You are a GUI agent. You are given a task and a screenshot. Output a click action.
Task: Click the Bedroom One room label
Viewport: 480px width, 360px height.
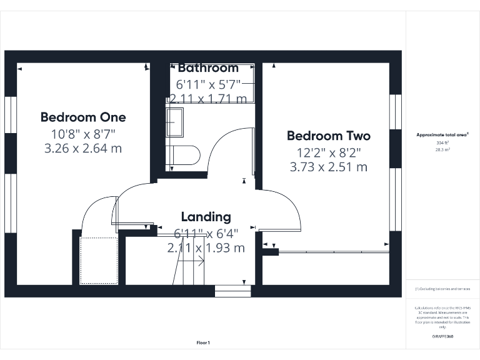(x=83, y=117)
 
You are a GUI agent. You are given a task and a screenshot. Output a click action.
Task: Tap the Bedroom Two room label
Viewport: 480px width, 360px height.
(x=328, y=136)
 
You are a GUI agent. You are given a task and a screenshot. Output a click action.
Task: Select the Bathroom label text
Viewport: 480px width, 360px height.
(x=208, y=68)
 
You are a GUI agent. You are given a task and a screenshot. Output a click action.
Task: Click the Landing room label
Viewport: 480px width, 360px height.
(x=206, y=217)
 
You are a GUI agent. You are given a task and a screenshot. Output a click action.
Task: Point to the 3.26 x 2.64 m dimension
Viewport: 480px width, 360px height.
(x=83, y=149)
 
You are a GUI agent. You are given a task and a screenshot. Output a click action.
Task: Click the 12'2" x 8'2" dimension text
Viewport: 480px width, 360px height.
(x=328, y=152)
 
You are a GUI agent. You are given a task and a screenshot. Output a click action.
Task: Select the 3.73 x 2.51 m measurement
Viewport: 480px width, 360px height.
(x=328, y=167)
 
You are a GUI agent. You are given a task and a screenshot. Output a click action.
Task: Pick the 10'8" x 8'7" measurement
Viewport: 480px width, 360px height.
(x=83, y=134)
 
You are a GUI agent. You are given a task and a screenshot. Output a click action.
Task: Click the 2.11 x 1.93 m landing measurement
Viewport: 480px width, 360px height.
(x=206, y=248)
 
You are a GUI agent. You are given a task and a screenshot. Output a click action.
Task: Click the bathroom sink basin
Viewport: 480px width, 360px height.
(x=175, y=122)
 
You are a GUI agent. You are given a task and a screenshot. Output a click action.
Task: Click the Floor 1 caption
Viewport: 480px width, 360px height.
(x=203, y=342)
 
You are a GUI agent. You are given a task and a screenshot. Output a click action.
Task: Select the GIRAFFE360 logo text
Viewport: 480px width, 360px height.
(x=442, y=337)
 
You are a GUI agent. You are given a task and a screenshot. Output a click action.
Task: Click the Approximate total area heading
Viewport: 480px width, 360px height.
(x=442, y=134)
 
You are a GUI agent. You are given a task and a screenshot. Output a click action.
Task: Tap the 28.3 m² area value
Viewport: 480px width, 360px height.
(x=442, y=150)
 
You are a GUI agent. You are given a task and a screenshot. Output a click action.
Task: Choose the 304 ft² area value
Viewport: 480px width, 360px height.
(x=442, y=142)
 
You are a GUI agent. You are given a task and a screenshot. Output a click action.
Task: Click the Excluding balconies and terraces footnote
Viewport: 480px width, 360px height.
(x=442, y=289)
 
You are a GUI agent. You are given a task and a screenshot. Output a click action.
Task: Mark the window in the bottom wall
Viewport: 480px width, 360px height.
(x=232, y=291)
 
